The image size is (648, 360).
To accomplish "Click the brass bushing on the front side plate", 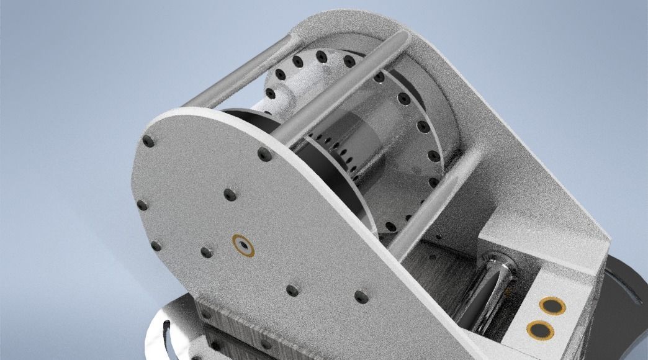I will (x=243, y=245).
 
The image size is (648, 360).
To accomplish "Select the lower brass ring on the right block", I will (x=540, y=330).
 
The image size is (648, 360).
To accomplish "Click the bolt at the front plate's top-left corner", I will (x=148, y=141).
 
